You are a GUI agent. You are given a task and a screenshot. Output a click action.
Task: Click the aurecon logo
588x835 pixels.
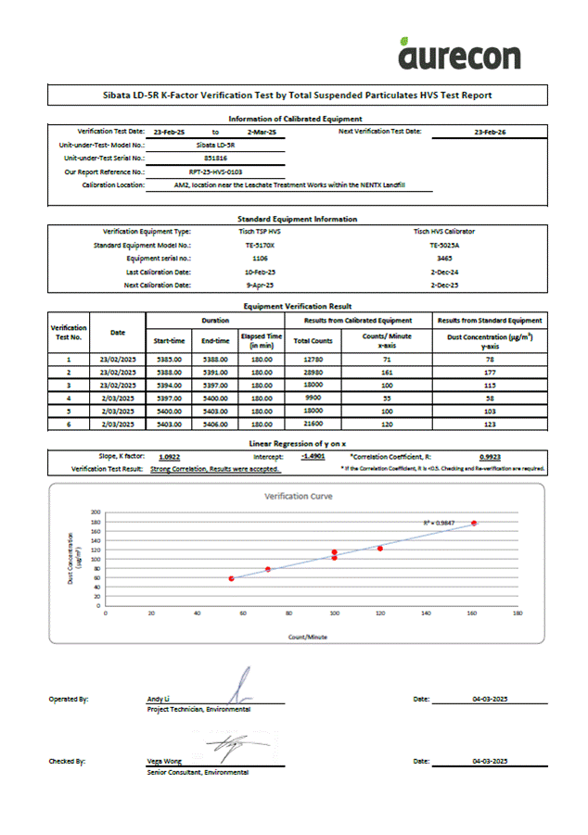coord(459,54)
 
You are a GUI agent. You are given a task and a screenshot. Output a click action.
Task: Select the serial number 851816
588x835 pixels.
coord(215,158)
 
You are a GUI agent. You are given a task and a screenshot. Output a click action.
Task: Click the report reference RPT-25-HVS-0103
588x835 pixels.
coord(215,171)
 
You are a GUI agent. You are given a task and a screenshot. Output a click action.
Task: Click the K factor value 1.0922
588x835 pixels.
coord(169,456)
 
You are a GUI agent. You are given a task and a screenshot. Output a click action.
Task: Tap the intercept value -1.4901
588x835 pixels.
coord(313,456)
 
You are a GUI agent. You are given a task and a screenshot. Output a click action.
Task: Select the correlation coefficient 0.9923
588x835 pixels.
coord(491,456)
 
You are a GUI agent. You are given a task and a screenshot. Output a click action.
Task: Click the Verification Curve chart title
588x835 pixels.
coord(299,496)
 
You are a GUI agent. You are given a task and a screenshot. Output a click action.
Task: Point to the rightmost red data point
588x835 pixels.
coord(474,524)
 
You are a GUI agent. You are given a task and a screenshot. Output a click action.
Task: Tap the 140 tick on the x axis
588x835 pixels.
coord(426,613)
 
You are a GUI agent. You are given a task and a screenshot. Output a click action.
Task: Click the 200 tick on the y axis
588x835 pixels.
coord(95,512)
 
